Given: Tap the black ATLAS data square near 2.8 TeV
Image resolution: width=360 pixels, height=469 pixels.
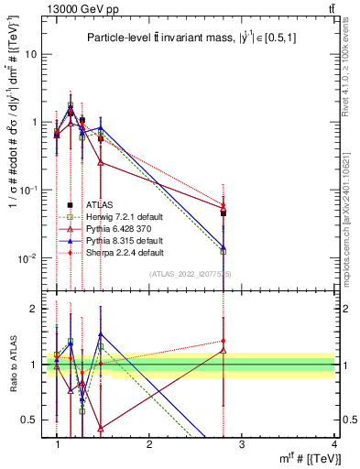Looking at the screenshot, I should (x=224, y=213).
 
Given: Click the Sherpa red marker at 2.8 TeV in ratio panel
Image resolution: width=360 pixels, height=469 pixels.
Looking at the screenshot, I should (x=224, y=341).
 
